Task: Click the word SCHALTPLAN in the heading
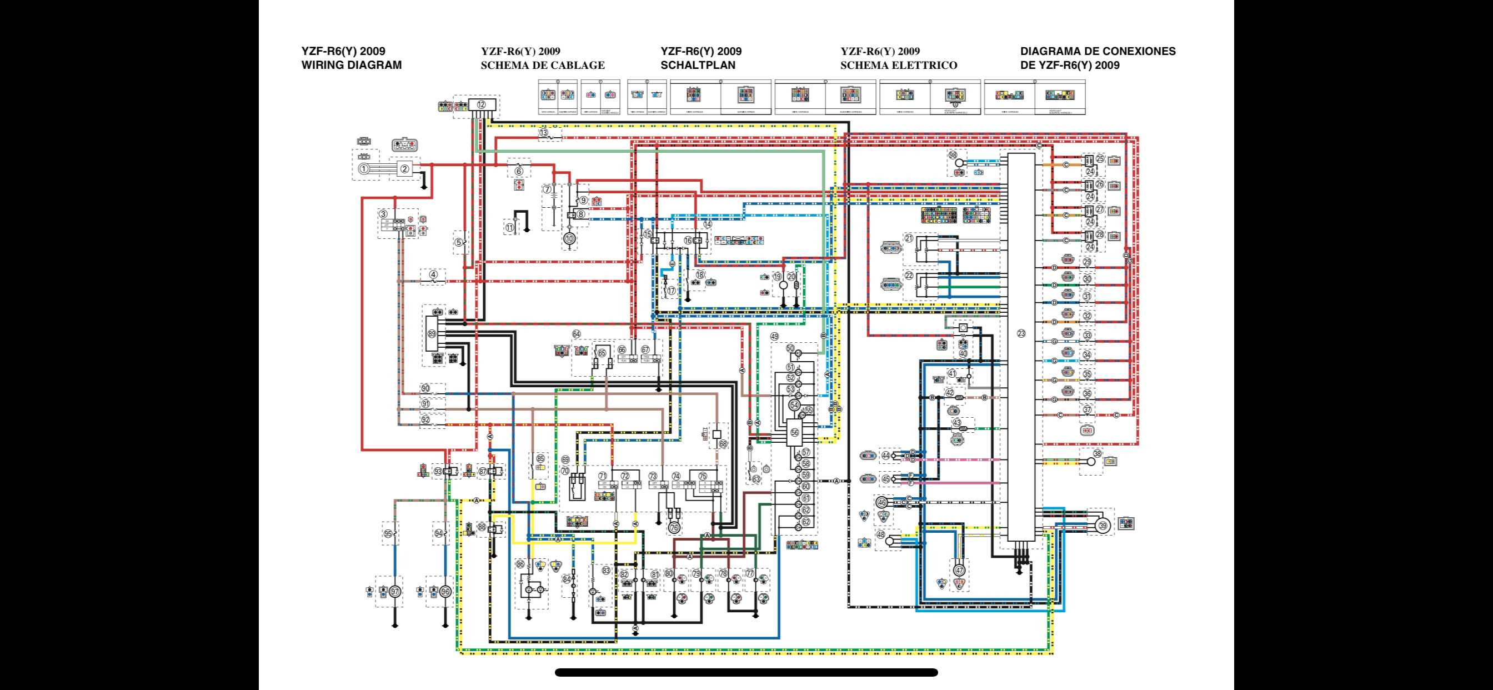click(x=697, y=65)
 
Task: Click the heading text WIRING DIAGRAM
click(x=351, y=65)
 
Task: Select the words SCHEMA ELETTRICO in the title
click(x=898, y=65)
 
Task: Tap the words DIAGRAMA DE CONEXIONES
click(x=1098, y=51)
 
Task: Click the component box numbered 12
click(x=482, y=105)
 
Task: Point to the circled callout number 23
click(x=1021, y=333)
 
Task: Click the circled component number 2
click(x=404, y=169)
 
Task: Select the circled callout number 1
click(x=363, y=169)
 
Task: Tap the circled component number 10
click(x=569, y=238)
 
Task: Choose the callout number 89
click(x=432, y=333)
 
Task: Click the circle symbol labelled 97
click(x=395, y=592)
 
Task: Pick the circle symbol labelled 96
click(x=445, y=592)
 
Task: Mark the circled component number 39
click(x=1103, y=526)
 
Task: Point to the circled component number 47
click(x=959, y=570)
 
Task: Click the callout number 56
click(x=795, y=432)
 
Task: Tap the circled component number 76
click(x=674, y=528)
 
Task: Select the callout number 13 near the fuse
click(x=543, y=132)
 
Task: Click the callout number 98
click(x=952, y=155)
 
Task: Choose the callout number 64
click(x=576, y=334)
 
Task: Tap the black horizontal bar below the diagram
click(x=746, y=673)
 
